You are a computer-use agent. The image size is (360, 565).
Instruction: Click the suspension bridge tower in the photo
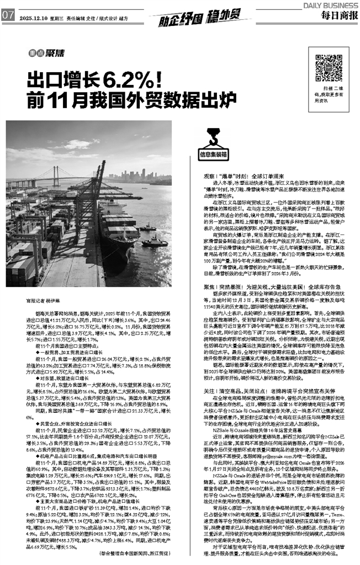click(56, 176)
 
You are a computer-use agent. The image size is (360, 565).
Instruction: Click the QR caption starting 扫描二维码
click(330, 94)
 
